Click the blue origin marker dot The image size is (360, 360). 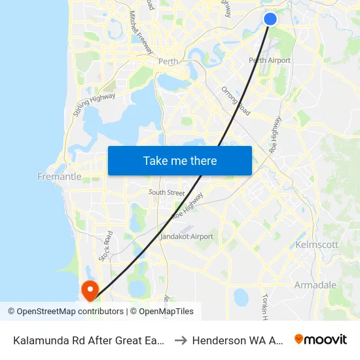pyautogui.click(x=270, y=19)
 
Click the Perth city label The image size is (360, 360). pyautogui.click(x=168, y=62)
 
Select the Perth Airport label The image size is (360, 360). pyautogui.click(x=270, y=60)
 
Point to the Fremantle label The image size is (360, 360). pyautogui.click(x=60, y=177)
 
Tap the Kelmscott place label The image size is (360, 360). pyautogui.click(x=317, y=245)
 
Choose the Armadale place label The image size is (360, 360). pyautogui.click(x=315, y=285)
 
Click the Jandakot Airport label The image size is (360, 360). pyautogui.click(x=187, y=236)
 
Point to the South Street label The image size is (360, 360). pyautogui.click(x=166, y=192)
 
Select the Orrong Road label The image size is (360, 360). pyautogui.click(x=236, y=99)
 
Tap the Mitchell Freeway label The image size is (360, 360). pyautogui.click(x=141, y=32)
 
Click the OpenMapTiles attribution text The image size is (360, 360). pyautogui.click(x=162, y=312)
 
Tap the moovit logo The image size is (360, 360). pyautogui.click(x=321, y=340)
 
